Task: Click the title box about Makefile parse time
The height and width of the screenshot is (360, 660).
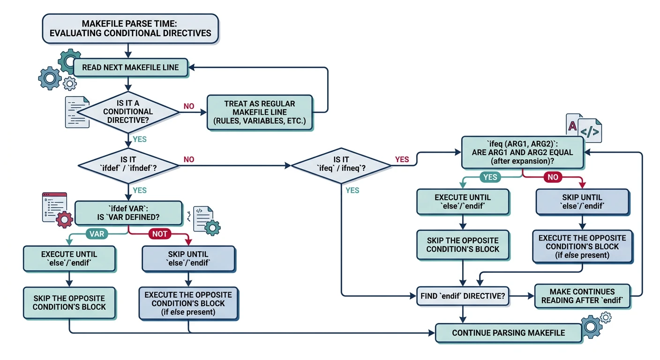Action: [130, 29]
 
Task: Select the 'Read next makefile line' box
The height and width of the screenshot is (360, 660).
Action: [130, 67]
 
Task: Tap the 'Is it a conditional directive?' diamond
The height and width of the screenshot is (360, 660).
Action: [128, 112]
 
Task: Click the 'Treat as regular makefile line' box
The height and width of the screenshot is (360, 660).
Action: [259, 112]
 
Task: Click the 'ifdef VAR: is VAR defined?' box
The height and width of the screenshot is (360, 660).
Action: [128, 213]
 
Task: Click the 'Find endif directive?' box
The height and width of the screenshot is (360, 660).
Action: [463, 296]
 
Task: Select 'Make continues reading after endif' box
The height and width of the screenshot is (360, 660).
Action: [582, 296]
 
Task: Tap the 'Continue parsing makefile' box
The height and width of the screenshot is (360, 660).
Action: [508, 333]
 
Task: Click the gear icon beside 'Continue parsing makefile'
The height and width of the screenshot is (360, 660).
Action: [591, 325]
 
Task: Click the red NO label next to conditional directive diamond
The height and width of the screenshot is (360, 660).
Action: [188, 106]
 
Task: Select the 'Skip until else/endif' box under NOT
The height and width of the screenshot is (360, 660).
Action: [188, 258]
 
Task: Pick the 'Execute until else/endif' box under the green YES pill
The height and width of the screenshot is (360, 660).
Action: [463, 202]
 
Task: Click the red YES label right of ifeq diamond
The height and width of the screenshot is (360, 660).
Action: [402, 159]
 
